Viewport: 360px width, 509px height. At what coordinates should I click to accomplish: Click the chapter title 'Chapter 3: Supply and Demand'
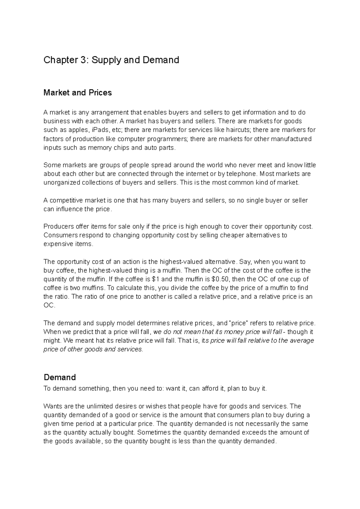coord(111,60)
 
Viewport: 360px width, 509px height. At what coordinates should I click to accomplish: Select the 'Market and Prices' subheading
coord(77,93)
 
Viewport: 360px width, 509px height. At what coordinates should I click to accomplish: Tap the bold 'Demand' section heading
coord(59,377)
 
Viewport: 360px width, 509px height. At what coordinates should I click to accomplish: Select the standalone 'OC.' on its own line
coord(49,305)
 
